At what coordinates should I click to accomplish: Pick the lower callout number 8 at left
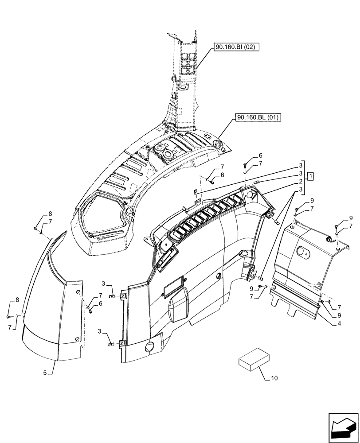17,300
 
